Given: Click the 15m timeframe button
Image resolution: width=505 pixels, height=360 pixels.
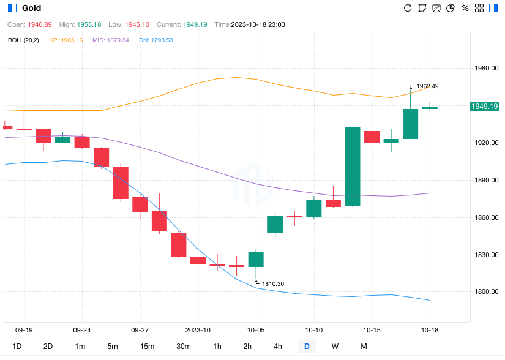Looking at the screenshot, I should click(x=147, y=347).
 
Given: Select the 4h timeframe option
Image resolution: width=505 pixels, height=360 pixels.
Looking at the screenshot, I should click(x=278, y=347).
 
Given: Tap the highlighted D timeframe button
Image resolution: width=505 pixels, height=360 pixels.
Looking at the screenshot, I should click(x=307, y=347).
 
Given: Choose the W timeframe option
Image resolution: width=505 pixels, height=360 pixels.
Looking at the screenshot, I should click(x=335, y=347).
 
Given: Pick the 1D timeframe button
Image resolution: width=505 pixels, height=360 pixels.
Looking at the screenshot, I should click(x=17, y=347).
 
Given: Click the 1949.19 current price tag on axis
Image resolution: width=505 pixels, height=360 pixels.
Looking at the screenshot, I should click(x=484, y=107).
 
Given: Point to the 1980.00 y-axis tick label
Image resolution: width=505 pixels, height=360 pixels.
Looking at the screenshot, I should click(x=487, y=69).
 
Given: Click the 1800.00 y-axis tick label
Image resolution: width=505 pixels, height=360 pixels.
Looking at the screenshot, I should click(x=487, y=292).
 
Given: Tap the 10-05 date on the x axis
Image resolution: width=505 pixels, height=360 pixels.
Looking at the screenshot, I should click(x=256, y=329).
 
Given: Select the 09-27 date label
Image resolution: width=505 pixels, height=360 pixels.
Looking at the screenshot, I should click(x=140, y=329).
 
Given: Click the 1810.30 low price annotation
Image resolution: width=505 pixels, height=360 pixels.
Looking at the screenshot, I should click(x=273, y=283).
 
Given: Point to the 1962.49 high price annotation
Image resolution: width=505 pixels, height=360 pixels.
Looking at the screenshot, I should click(x=427, y=86).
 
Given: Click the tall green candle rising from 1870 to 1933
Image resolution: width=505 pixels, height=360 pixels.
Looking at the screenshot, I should click(x=352, y=167).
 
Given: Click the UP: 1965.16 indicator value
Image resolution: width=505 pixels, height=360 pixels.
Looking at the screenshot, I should click(x=65, y=40).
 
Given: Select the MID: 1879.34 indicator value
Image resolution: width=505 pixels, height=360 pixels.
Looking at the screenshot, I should click(x=111, y=40).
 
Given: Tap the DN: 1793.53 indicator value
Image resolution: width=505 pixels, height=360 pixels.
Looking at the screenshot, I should click(x=155, y=40).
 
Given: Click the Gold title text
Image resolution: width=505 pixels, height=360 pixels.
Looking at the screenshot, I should click(x=31, y=8).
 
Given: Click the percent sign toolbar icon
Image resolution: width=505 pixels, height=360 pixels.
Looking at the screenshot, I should click(x=465, y=8).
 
